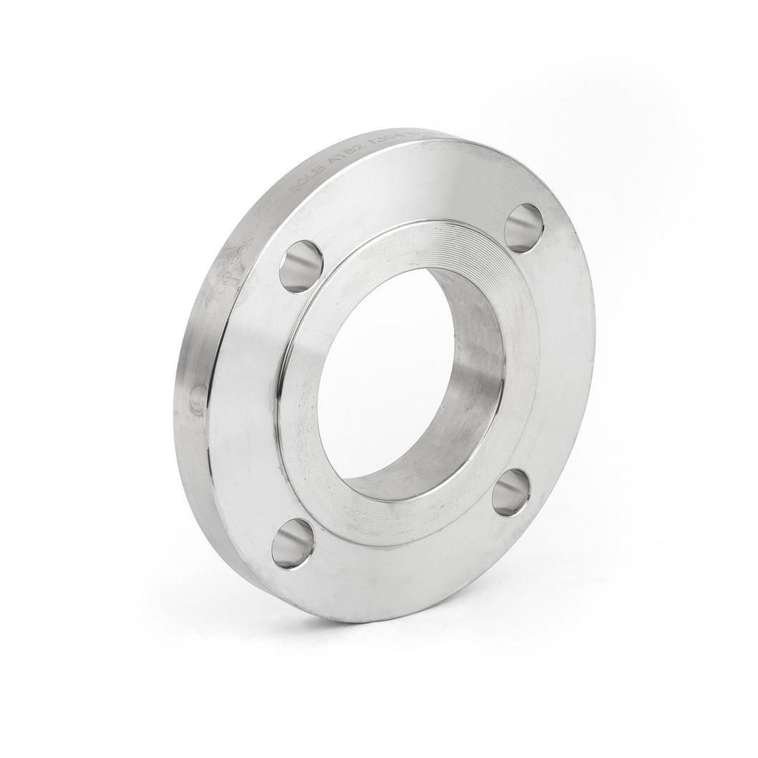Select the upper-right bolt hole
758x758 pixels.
523,227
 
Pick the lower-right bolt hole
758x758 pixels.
511,491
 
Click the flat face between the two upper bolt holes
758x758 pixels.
415,193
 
